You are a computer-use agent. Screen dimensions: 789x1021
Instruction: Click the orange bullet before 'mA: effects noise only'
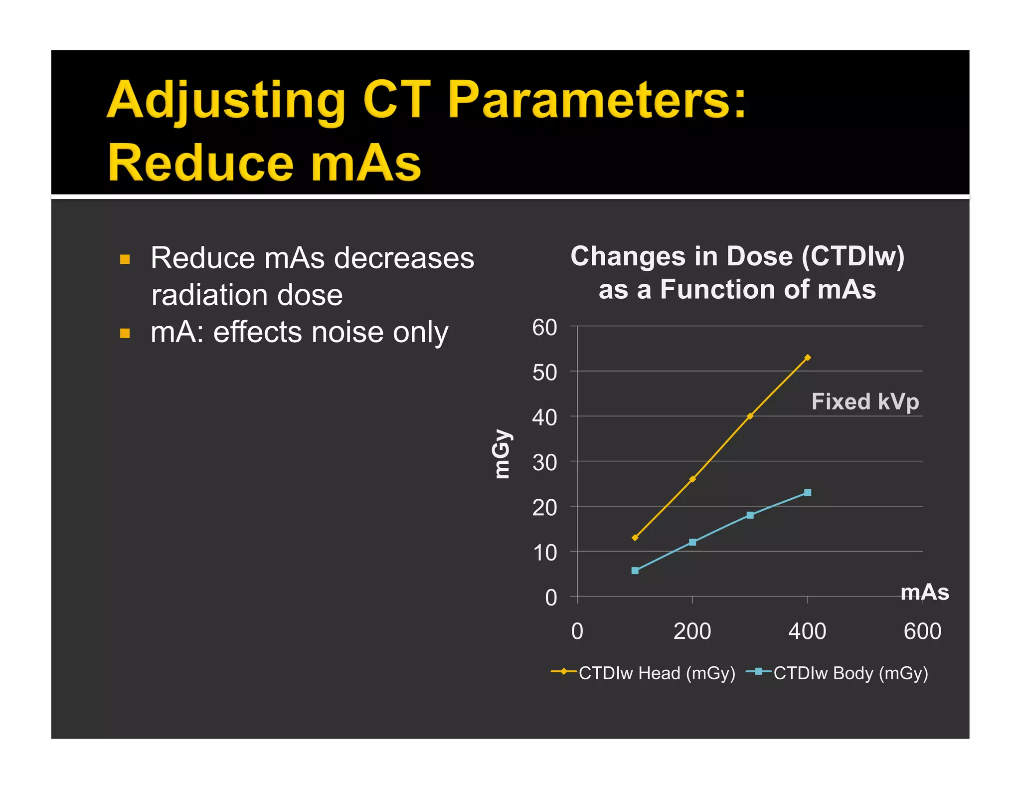125,333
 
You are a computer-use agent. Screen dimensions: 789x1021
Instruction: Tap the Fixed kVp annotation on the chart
865,401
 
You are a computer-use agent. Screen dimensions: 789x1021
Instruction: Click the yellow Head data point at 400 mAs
808,358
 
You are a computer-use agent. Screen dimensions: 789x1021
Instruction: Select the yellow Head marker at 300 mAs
750,416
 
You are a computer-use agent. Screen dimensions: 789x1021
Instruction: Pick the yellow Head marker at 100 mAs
635,538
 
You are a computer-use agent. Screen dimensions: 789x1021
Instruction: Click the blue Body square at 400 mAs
808,493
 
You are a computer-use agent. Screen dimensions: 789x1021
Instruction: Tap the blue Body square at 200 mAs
692,542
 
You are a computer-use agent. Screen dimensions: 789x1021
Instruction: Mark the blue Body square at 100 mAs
635,571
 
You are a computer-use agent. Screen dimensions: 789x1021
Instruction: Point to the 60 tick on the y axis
544,328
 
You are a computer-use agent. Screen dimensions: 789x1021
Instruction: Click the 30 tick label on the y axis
544,463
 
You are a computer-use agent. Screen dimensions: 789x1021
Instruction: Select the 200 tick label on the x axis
692,631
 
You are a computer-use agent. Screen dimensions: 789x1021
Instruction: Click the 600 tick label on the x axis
922,631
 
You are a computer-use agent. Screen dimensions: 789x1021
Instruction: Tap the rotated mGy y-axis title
501,453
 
